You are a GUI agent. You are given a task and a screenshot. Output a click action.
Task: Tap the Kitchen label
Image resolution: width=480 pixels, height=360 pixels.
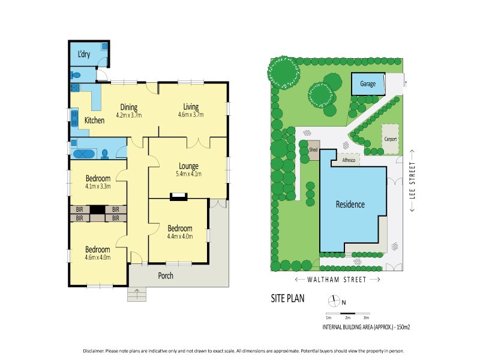(x=94, y=121)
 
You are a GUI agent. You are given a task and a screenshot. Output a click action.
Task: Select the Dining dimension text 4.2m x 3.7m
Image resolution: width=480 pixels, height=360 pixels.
(x=129, y=115)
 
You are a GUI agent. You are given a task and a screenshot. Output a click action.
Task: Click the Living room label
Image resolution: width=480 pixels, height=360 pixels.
(x=191, y=107)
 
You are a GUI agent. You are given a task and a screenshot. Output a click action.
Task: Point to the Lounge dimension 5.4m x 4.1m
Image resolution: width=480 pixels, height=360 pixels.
(x=188, y=174)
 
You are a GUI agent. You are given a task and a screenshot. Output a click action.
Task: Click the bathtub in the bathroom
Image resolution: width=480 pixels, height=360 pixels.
(x=83, y=154)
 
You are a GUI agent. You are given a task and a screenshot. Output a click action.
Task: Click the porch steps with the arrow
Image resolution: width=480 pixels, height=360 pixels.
(x=137, y=294)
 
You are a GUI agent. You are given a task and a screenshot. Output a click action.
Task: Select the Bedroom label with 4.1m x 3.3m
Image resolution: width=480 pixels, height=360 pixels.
(x=97, y=179)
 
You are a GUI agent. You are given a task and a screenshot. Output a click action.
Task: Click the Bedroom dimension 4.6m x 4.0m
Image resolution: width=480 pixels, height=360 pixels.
(x=97, y=257)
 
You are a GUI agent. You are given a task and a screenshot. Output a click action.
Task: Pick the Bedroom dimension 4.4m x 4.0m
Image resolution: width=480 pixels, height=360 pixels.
(x=179, y=236)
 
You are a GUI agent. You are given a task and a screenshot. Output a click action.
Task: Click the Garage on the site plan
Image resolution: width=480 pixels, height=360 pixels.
(x=368, y=84)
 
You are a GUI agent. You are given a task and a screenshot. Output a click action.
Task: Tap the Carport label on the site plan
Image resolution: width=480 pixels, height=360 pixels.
(x=391, y=139)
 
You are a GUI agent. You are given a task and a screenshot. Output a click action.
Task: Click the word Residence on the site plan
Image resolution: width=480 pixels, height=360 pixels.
(x=350, y=205)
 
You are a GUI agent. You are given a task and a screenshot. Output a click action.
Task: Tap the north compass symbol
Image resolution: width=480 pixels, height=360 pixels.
(x=334, y=302)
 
